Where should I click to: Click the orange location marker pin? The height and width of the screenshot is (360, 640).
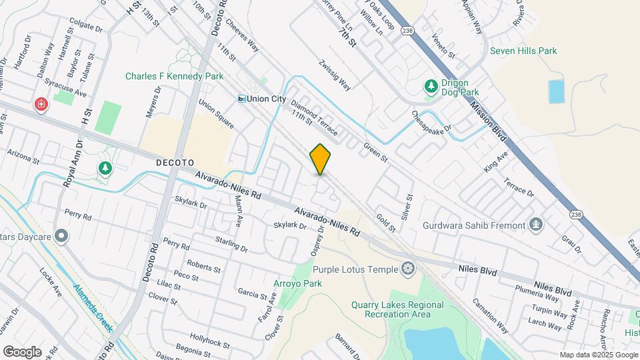321,159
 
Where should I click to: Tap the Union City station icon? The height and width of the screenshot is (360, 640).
243,99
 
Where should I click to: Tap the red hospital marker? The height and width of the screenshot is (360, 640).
41,105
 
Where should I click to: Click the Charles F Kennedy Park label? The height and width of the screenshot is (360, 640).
174,77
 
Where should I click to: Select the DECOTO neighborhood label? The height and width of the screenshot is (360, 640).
175,162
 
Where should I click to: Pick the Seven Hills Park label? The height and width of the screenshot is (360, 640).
523,51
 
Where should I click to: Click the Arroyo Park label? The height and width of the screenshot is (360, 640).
297,283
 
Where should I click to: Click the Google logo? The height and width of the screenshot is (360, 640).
22,351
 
